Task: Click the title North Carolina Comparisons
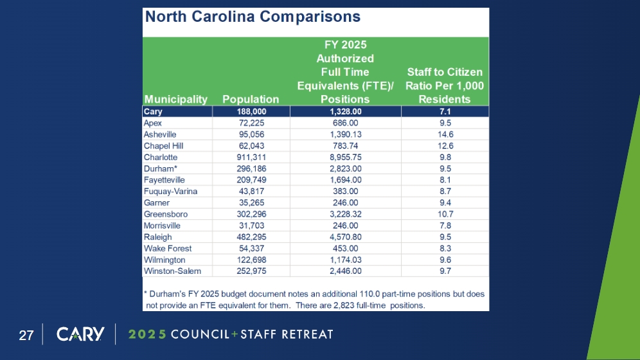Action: tap(253, 17)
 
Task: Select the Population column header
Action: tap(251, 99)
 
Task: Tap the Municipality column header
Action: tap(176, 99)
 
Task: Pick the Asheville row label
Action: tap(160, 134)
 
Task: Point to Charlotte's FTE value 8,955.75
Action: tap(346, 157)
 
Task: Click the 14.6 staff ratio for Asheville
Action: tap(445, 134)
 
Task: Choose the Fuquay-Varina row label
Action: tap(170, 192)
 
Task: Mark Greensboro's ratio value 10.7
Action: tap(445, 214)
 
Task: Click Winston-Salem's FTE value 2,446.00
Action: tap(346, 271)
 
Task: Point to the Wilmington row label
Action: tap(164, 260)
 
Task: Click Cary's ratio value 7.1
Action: tap(445, 112)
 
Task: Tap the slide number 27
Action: tap(26, 335)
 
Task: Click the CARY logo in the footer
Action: tap(80, 334)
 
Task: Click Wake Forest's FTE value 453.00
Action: tap(346, 248)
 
